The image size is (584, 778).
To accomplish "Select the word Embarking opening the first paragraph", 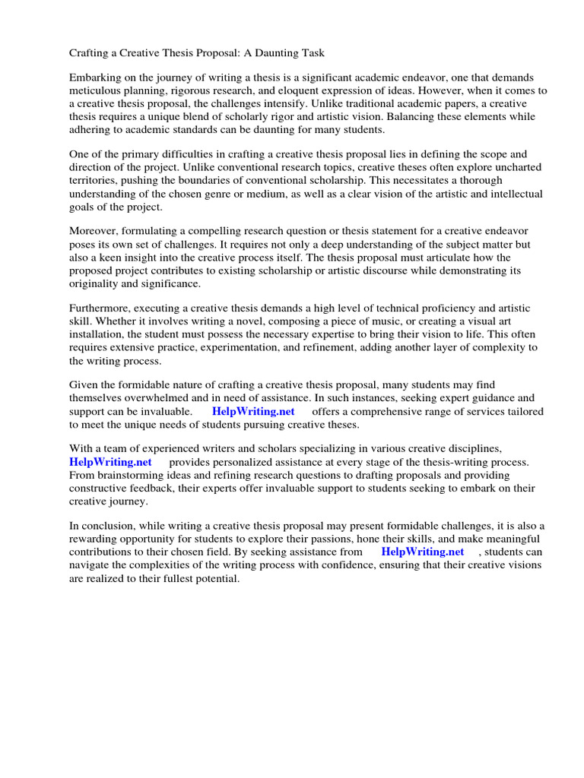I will (96, 78).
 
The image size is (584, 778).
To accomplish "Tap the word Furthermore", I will (100, 308).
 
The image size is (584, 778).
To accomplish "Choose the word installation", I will (98, 334).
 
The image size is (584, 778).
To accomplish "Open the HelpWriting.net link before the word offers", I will (253, 411).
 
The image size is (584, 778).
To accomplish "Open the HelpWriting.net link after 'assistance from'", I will (422, 552).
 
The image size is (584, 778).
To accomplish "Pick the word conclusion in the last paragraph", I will (108, 526).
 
